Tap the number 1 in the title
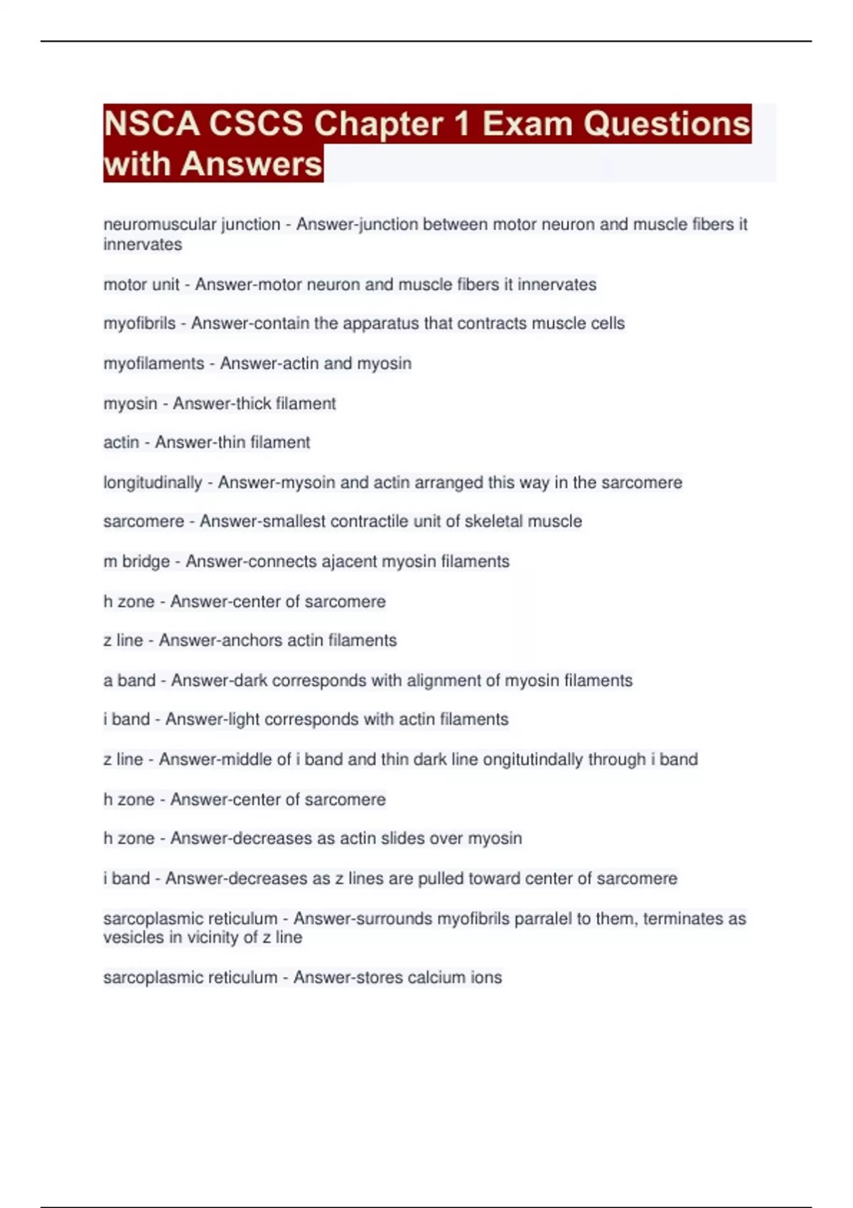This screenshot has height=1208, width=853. point(462,124)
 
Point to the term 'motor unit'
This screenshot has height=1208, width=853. point(141,285)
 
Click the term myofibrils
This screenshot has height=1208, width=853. point(139,323)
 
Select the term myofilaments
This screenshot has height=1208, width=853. point(154,364)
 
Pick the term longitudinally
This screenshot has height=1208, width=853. point(153,482)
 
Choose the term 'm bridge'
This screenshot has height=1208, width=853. point(136,561)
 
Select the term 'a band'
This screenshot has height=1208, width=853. point(129,681)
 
